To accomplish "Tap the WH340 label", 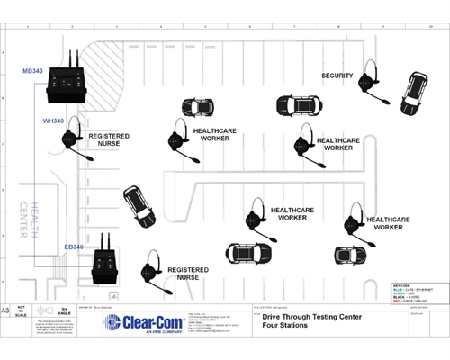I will pos(53,120).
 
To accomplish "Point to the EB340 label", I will pos(74,247).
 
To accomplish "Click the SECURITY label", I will pos(337,76).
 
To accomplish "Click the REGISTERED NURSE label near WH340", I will pos(109,140).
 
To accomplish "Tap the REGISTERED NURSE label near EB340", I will pos(189,274).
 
